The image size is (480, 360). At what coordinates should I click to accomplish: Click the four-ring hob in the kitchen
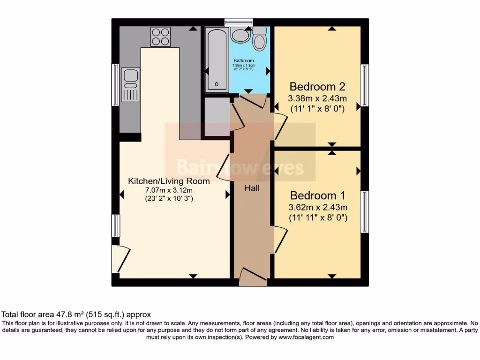click(160, 37)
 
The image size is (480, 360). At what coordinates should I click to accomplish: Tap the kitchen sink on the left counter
click(130, 84)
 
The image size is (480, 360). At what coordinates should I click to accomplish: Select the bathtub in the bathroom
click(217, 58)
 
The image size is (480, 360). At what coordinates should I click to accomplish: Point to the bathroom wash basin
click(240, 35)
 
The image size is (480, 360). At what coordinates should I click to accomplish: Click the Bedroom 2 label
click(317, 87)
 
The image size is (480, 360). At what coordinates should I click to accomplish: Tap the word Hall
click(252, 188)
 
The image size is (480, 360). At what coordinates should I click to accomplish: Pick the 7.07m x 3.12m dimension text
click(169, 190)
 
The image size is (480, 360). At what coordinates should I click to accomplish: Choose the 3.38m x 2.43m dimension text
click(317, 98)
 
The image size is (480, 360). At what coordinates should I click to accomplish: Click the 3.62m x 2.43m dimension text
click(318, 207)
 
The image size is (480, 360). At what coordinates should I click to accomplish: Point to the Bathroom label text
click(244, 61)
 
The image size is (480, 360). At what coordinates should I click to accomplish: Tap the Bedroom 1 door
click(280, 239)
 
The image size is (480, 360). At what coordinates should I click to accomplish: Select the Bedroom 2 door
click(280, 126)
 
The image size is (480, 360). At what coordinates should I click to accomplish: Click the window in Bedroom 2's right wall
click(364, 85)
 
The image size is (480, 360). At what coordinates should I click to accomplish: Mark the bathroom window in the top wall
click(239, 22)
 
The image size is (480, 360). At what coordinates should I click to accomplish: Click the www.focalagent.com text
click(306, 337)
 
